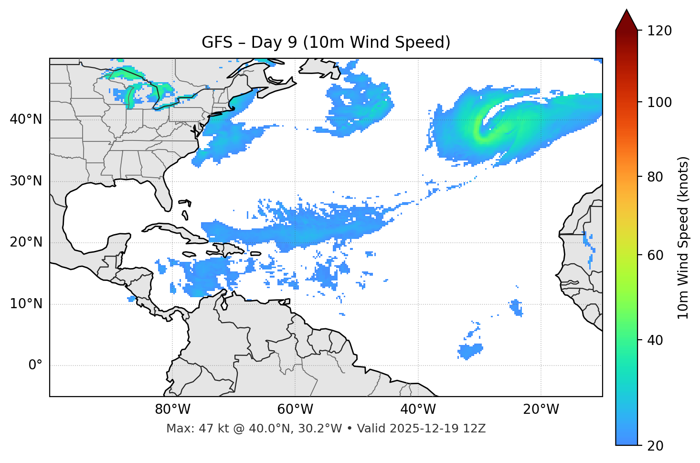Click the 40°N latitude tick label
[26, 119]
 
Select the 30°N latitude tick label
[26, 181]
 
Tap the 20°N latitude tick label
[26, 242]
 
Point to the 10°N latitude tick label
[26, 304]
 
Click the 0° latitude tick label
[35, 365]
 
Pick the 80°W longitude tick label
[172, 409]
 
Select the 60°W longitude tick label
[295, 409]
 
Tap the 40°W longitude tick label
[418, 409]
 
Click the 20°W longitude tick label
[541, 409]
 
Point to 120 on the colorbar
[659, 31]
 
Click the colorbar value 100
[659, 102]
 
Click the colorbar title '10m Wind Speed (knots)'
[683, 237]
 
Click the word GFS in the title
[214, 43]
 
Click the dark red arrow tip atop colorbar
[626, 19]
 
